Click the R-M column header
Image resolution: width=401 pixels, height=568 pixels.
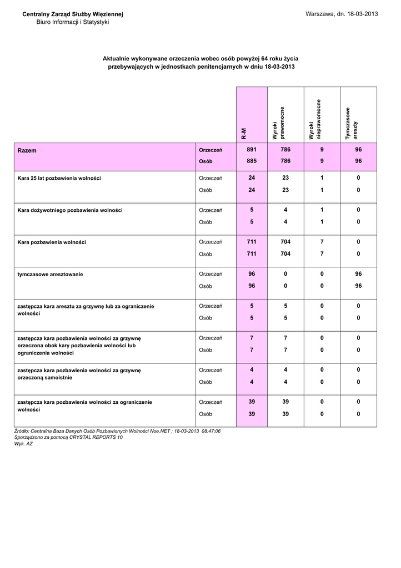coord(244,133)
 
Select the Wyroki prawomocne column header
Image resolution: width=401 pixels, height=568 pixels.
coord(279,123)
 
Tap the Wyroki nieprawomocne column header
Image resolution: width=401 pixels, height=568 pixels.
coord(315,120)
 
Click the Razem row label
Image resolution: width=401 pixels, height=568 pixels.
coord(27,150)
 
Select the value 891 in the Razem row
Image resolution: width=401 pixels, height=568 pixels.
coord(252,150)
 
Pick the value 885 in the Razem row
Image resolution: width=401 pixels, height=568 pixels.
coord(252,161)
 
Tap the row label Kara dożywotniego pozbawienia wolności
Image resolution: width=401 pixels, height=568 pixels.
coord(70,210)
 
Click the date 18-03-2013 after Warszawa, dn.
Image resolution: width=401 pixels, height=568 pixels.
coord(362,14)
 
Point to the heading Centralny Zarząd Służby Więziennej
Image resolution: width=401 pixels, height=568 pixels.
coord(73,14)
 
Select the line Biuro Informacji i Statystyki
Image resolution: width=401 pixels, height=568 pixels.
coord(73,22)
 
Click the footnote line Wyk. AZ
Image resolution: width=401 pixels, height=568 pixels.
coord(23,444)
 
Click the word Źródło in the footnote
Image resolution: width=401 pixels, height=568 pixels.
coord(22,431)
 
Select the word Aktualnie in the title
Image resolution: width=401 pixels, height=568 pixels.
coord(117,58)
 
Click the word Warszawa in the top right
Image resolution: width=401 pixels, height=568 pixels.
coord(320,14)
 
